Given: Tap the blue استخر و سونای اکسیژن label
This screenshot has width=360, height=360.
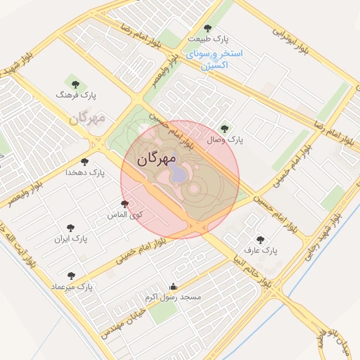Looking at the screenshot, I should coord(216,59).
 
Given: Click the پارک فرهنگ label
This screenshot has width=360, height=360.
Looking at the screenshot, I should coord(79,94).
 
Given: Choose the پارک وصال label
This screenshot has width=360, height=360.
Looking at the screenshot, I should coord(225,140).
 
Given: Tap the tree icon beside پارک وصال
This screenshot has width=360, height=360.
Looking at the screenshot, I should coord(224,128).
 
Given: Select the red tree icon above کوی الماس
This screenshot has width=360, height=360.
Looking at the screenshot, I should coord(125,203).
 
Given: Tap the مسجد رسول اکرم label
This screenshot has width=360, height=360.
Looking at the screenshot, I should coord(173,297).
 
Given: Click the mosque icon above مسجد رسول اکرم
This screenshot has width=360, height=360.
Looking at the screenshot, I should coord(174,286).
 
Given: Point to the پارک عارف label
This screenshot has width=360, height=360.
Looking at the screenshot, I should coord(261,250).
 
